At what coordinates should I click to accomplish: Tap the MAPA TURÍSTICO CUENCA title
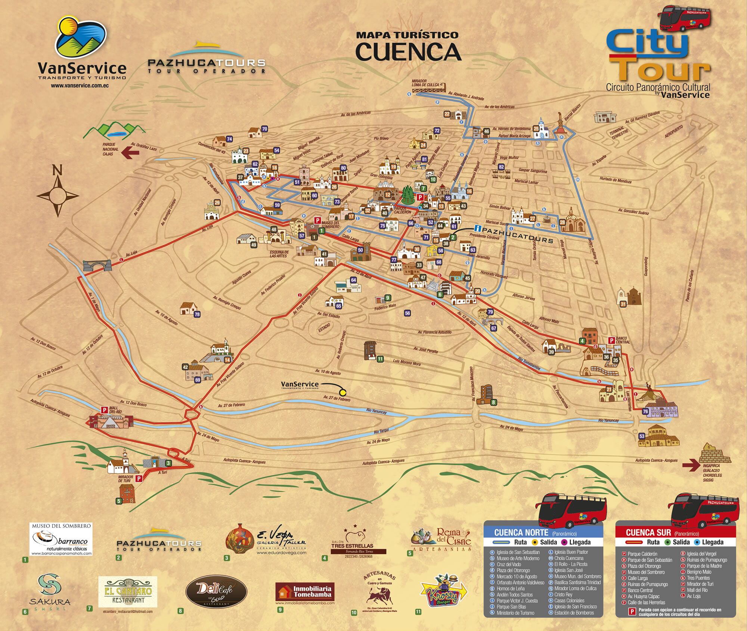(x=408, y=46)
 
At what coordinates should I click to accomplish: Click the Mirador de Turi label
(x=125, y=478)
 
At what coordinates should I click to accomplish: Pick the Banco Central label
(x=623, y=340)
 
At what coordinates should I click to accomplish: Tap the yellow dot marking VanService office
(x=342, y=392)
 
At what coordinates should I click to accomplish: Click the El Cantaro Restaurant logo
(x=128, y=592)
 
